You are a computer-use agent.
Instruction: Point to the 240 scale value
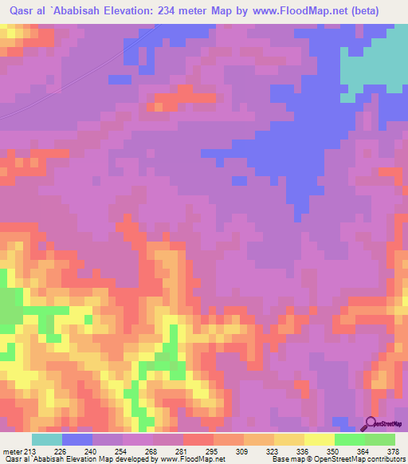(x=92, y=452)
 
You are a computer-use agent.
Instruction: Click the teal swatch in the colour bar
(x=47, y=439)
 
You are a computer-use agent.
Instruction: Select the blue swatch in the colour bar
(x=77, y=439)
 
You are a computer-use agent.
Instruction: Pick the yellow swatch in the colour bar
(x=320, y=439)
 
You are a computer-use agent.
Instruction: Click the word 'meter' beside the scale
(x=12, y=452)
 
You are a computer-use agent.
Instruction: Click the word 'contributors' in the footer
(x=383, y=460)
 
